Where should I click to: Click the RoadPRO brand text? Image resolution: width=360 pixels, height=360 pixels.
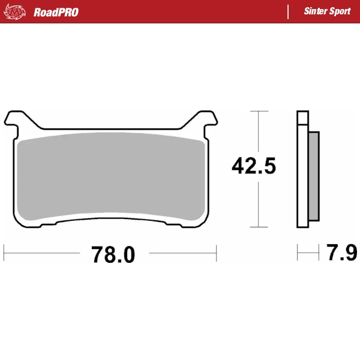coord(56,11)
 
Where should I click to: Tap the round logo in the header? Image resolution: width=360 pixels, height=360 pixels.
coord(16,11)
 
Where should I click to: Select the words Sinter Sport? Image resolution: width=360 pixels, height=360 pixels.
coord(327,11)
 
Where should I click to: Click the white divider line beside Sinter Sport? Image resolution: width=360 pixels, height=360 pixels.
coord(289,11)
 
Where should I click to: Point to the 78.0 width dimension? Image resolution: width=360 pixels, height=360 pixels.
coord(113,254)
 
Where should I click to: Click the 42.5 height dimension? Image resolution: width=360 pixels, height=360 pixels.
coord(254,166)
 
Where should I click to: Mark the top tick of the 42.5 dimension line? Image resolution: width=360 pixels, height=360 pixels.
coord(258,112)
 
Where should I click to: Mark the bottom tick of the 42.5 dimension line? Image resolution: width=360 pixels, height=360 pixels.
coord(258,227)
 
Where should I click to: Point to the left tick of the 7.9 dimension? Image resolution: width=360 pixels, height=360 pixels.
coord(297,253)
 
